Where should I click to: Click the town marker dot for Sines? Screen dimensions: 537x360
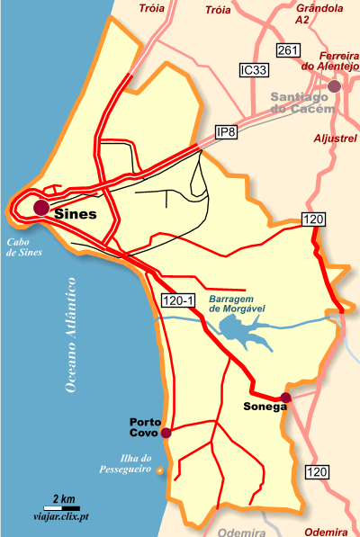pos(41,208)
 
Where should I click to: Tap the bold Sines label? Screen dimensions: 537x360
pos(75,215)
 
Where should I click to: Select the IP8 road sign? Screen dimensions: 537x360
pos(229,133)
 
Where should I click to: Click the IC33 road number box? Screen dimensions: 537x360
pos(255,69)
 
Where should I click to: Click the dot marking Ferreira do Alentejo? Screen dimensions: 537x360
pos(335,86)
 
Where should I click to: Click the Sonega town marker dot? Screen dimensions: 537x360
pos(285,398)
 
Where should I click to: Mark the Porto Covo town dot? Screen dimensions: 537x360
pos(166,433)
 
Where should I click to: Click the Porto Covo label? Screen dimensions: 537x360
pos(144,427)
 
